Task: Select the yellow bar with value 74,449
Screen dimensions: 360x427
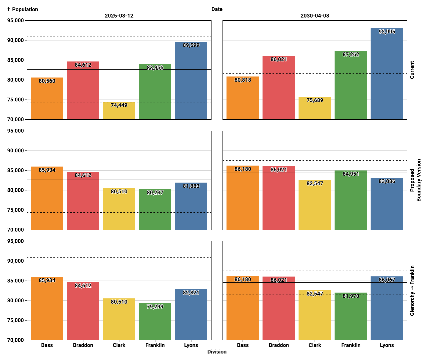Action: [119, 111]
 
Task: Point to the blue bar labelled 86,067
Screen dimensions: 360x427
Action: [387, 308]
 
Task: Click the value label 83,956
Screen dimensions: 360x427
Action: [155, 68]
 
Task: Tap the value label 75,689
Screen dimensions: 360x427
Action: [315, 100]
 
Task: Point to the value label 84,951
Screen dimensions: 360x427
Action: [351, 174]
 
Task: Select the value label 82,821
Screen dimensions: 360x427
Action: [191, 293]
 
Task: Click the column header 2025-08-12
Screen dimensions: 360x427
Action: [119, 16]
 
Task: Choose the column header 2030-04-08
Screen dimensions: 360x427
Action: [315, 16]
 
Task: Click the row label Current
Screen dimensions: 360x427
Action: [412, 70]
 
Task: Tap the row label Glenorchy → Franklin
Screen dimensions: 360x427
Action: [412, 290]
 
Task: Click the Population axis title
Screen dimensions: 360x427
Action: [22, 9]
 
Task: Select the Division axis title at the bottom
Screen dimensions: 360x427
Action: [217, 352]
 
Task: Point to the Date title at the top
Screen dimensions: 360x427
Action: [217, 9]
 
